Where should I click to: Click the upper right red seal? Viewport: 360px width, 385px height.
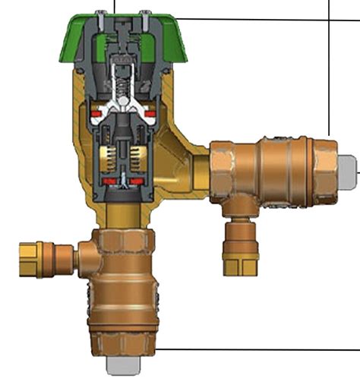coord(150,114)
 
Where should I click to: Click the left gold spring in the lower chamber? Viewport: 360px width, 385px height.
coord(107,158)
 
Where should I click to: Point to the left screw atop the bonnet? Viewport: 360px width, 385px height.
coord(101,14)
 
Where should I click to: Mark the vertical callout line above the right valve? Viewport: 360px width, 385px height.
coord(330,68)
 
